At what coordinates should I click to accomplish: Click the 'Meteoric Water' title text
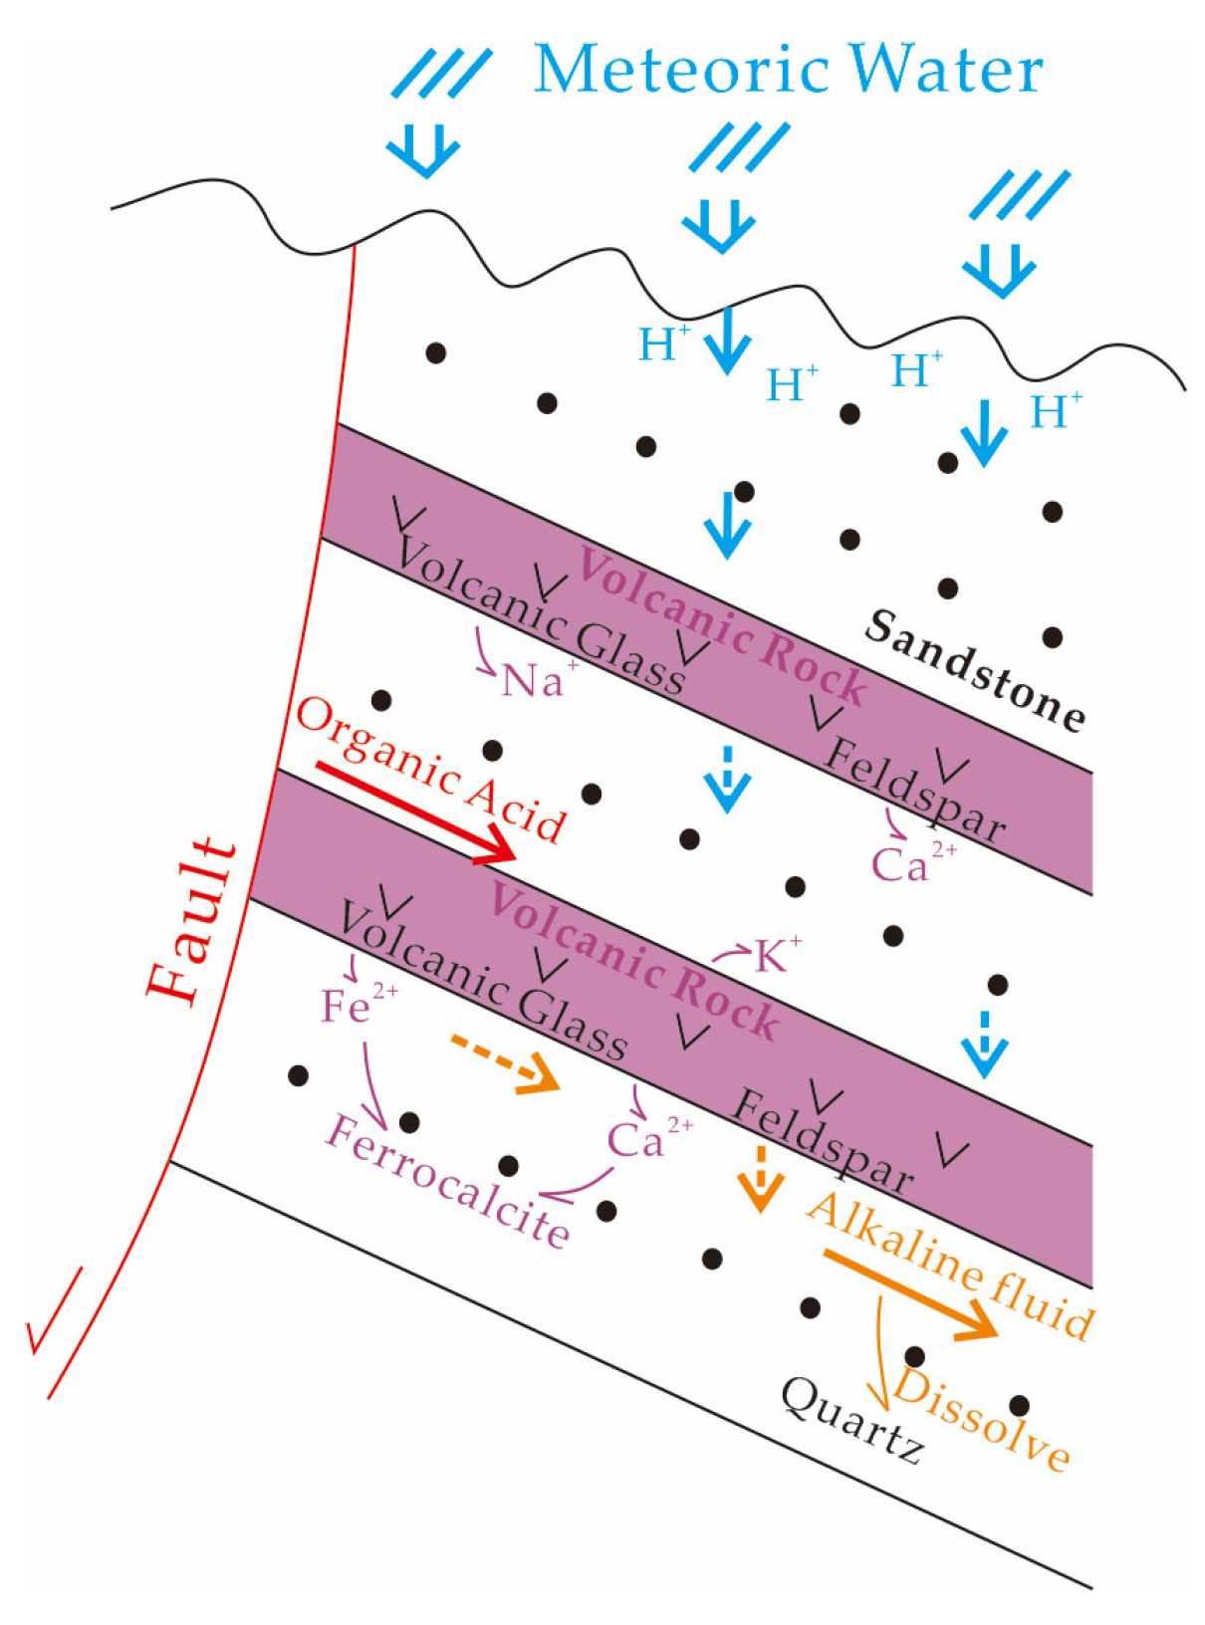[x=787, y=70]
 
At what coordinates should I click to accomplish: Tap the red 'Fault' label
[x=191, y=920]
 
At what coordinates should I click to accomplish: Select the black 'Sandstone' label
[x=974, y=671]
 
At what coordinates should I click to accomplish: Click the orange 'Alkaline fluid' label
[x=950, y=1265]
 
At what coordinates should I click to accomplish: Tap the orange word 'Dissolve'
[x=981, y=1419]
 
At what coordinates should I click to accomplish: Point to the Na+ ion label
[x=538, y=680]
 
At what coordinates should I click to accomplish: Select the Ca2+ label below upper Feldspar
[x=912, y=862]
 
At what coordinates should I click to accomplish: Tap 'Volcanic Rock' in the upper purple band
[x=721, y=627]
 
